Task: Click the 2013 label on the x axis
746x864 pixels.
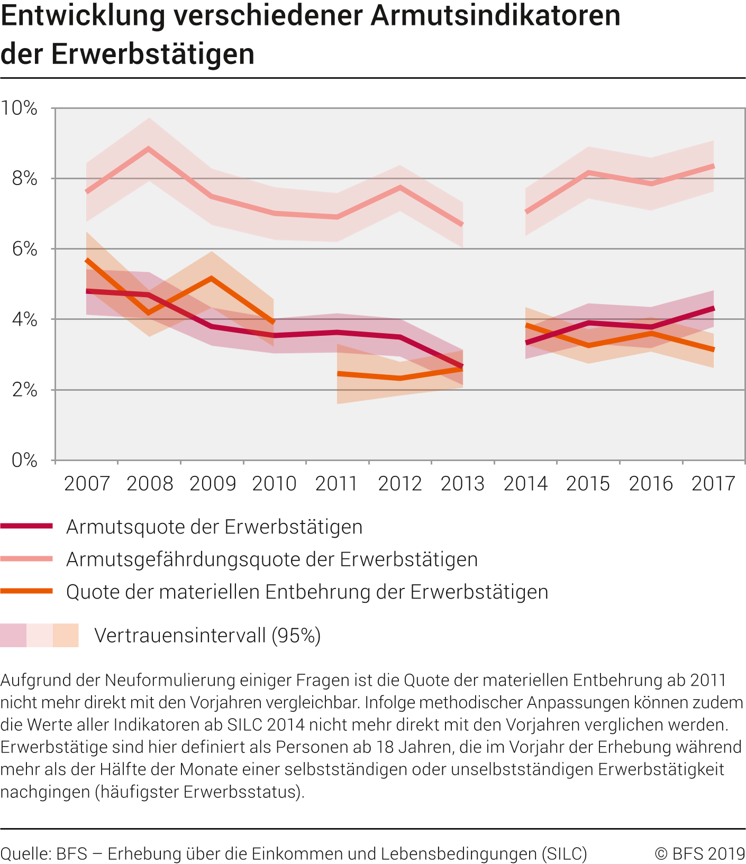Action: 462,483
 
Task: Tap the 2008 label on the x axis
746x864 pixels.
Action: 150,483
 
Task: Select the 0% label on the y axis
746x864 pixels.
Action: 25,461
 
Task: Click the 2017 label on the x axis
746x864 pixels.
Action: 713,483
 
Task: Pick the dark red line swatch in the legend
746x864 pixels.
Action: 26,526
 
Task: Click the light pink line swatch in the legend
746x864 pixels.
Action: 26,559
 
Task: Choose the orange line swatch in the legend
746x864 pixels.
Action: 26,591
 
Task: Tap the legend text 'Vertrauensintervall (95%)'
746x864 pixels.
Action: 207,635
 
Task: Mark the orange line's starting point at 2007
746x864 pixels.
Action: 87,260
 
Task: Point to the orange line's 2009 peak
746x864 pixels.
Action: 212,278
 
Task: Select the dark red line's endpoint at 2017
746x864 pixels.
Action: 713,308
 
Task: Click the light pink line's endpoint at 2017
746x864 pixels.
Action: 713,167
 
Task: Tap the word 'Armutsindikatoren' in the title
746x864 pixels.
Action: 495,16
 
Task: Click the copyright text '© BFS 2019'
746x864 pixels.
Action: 699,853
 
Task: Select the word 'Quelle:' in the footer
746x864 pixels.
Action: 25,853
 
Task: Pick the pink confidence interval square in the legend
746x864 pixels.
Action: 13,635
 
